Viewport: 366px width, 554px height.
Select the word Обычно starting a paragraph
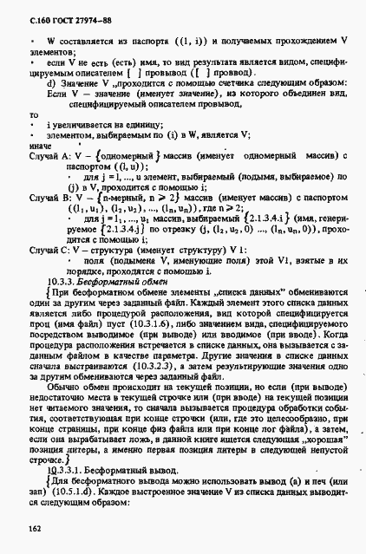[x=66, y=379]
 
